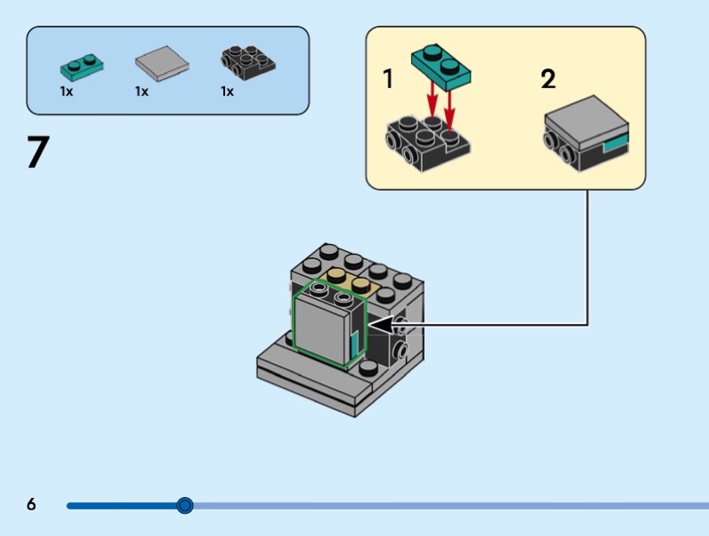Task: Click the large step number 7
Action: (x=37, y=152)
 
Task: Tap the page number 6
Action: (x=32, y=505)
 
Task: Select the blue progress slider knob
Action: (x=184, y=506)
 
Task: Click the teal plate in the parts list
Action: (x=81, y=64)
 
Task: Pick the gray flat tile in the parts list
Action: (x=163, y=63)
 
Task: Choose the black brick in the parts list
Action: (x=246, y=62)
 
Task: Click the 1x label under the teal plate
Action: (x=66, y=91)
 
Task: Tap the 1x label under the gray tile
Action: (x=142, y=91)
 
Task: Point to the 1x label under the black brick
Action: (x=227, y=91)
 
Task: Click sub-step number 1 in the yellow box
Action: (x=388, y=80)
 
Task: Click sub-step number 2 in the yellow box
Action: (x=549, y=80)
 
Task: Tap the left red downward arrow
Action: (x=431, y=97)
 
